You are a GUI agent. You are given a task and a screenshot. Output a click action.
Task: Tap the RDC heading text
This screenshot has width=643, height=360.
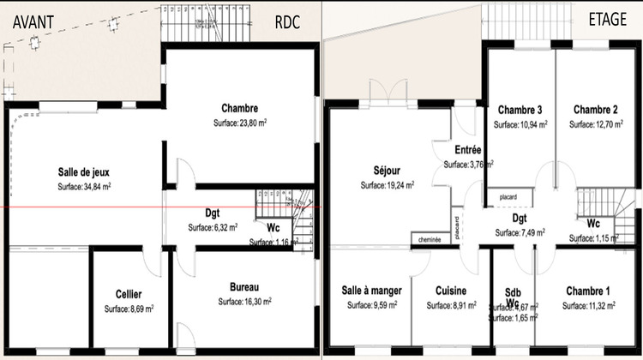coord(286,22)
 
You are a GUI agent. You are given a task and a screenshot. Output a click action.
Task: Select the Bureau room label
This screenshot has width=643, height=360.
coord(244,286)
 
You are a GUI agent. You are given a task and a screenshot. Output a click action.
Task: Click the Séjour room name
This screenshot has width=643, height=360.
coord(388,170)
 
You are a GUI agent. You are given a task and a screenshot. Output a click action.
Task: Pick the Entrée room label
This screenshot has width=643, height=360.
coord(467,150)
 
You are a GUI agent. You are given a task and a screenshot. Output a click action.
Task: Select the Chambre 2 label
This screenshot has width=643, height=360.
coord(596,110)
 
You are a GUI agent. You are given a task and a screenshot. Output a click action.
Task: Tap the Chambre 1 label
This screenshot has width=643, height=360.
coord(587,291)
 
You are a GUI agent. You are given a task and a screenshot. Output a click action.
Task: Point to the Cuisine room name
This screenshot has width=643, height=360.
coord(450,291)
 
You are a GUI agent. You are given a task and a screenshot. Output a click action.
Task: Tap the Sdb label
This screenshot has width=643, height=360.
coord(512,291)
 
